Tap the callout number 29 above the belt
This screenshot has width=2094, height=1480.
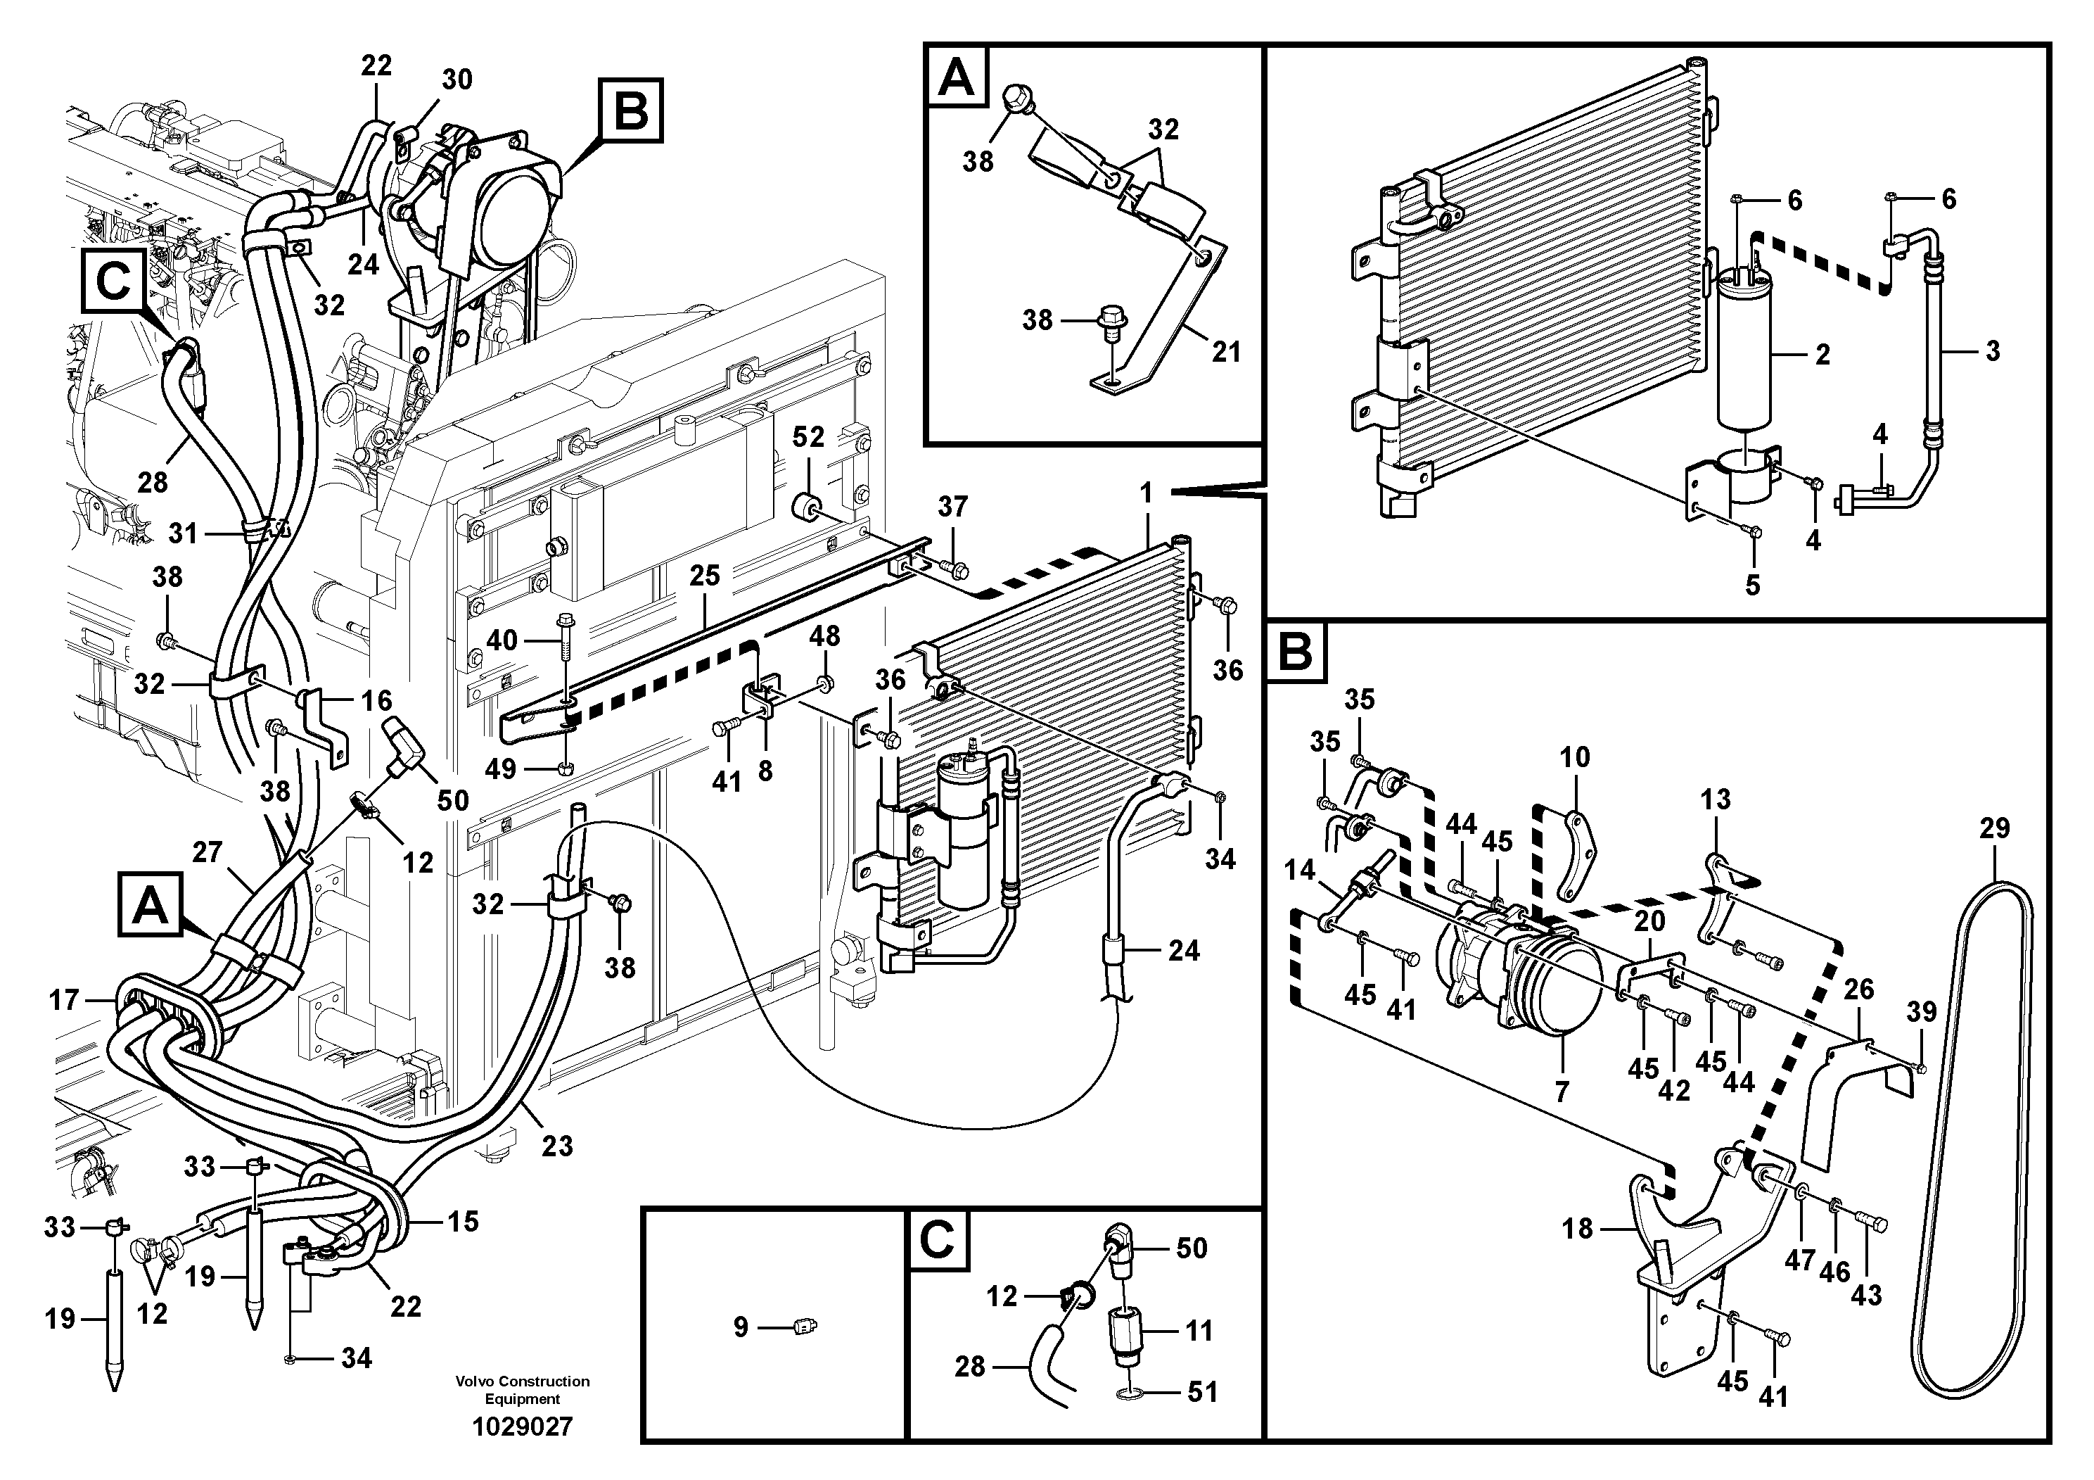click(x=1995, y=828)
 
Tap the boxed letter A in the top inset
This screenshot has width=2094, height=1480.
click(x=956, y=77)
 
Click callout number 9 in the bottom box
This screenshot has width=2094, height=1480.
click(x=741, y=1327)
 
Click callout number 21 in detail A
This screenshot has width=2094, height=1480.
click(x=1226, y=350)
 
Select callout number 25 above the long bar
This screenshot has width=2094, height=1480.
click(x=704, y=575)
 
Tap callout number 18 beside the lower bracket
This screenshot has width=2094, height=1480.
click(x=1577, y=1228)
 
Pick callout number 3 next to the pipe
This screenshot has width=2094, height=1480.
click(x=1993, y=350)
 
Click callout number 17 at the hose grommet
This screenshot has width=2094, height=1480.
click(x=64, y=1000)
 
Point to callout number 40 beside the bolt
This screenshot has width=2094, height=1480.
click(x=502, y=640)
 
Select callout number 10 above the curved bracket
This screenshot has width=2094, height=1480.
click(x=1574, y=757)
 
